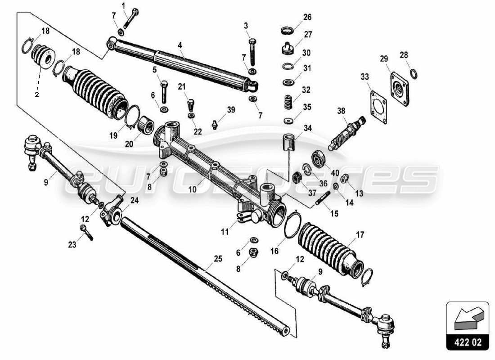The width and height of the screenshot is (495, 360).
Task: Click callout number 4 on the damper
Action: [x=180, y=45]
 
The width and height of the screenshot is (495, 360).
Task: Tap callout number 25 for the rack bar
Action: [x=218, y=259]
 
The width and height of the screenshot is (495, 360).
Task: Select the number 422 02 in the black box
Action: [x=467, y=342]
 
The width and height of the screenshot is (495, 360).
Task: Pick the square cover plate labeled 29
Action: [x=399, y=88]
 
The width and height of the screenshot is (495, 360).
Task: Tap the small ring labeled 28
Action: [x=413, y=73]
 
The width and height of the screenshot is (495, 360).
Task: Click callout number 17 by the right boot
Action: [x=360, y=234]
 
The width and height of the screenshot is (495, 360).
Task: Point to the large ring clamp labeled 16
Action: [x=293, y=225]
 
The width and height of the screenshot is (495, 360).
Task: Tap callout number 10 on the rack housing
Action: [x=193, y=189]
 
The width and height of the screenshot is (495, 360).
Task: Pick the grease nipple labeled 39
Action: [x=216, y=123]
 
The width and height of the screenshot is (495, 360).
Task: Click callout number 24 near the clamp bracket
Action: [x=135, y=200]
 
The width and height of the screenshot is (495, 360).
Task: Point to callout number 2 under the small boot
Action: [x=37, y=94]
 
